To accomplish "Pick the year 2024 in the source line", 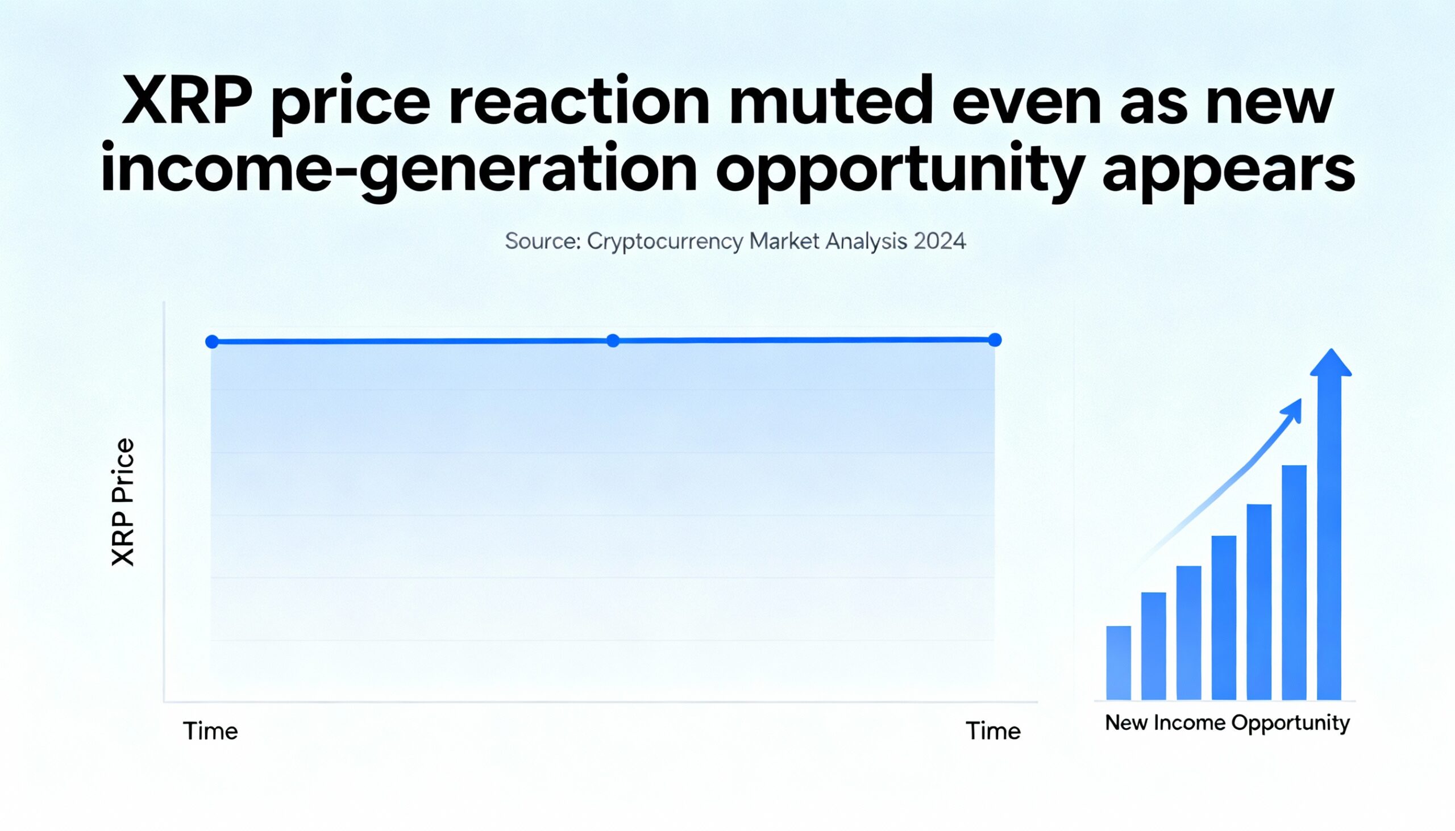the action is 940,241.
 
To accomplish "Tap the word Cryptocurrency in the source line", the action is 665,242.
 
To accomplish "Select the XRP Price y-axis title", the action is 123,502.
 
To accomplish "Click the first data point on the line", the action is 212,342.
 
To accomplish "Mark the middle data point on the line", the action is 613,341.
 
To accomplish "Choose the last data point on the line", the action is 995,340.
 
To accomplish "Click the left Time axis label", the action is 210,731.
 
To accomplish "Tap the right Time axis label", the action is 993,731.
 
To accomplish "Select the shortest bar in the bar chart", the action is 1119,663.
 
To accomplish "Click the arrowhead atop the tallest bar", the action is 1331,364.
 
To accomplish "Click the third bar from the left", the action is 1189,633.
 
